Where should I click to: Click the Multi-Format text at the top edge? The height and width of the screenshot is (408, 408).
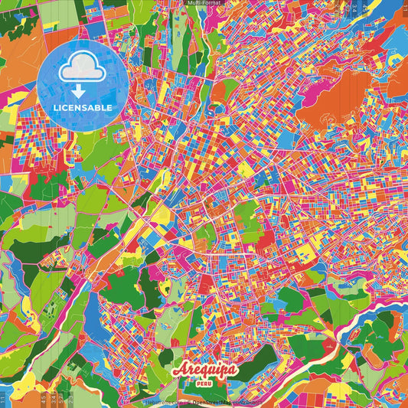204,3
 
